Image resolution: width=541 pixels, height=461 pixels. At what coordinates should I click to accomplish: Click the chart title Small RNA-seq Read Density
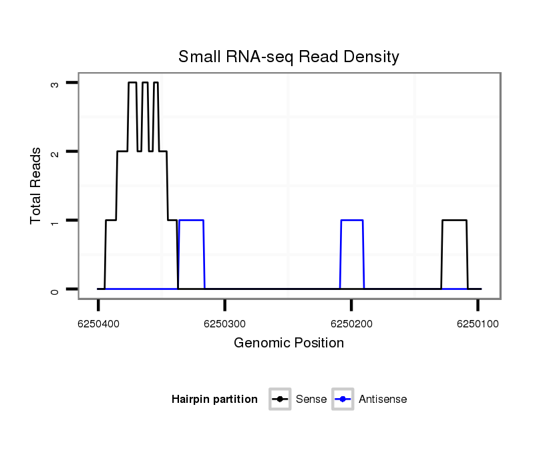(x=289, y=57)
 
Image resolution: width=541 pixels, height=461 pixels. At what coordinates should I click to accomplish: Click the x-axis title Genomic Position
(x=289, y=343)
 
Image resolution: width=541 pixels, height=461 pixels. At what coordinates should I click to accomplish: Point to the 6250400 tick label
(x=98, y=323)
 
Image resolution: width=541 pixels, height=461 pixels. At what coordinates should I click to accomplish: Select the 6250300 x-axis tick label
(x=224, y=323)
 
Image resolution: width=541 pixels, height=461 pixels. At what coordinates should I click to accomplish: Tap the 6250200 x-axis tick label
(x=351, y=323)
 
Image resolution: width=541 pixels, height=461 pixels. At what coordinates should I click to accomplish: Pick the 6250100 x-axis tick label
(x=477, y=323)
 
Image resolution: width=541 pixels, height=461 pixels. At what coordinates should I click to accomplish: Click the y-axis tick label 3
(x=55, y=83)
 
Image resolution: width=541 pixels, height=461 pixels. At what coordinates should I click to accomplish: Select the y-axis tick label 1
(x=55, y=220)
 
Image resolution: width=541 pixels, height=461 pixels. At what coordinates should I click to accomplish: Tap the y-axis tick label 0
(x=55, y=289)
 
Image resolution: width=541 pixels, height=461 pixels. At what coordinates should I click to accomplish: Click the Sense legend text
(x=311, y=400)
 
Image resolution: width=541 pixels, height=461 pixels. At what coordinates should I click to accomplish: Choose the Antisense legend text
(x=383, y=400)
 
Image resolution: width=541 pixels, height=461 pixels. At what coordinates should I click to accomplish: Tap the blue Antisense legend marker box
(x=343, y=400)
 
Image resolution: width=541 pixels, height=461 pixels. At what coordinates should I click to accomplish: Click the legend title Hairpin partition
(x=214, y=400)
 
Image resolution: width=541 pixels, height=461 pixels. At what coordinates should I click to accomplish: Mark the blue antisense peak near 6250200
(x=352, y=220)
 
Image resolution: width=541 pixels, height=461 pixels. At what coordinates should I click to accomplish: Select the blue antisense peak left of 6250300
(x=191, y=220)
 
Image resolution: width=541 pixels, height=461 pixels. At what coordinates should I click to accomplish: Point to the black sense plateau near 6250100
(x=454, y=220)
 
